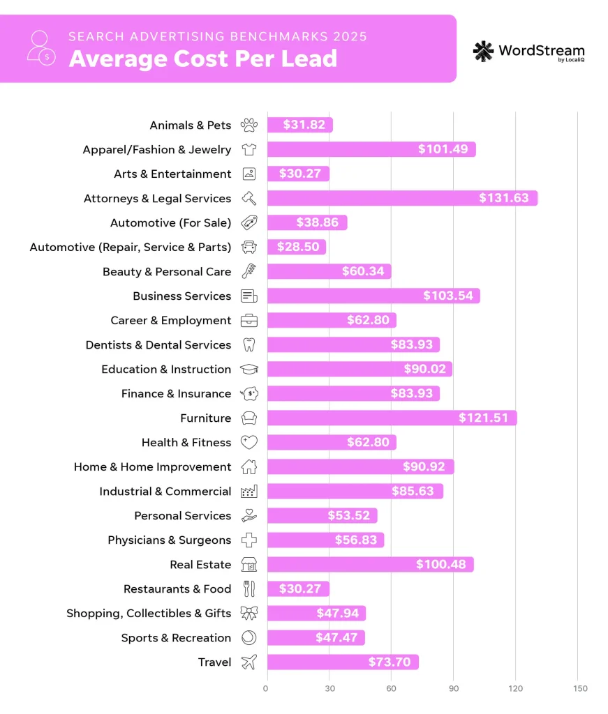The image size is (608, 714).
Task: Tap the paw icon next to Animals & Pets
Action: pyautogui.click(x=249, y=125)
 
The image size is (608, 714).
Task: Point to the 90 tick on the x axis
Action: pyautogui.click(x=454, y=688)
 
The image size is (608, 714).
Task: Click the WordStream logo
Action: pyautogui.click(x=528, y=52)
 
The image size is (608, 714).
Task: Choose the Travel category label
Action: pyautogui.click(x=214, y=662)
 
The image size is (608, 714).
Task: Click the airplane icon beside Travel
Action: pyautogui.click(x=249, y=662)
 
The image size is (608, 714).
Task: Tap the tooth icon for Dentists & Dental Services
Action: pyautogui.click(x=249, y=344)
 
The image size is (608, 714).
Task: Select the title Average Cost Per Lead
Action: pyautogui.click(x=202, y=59)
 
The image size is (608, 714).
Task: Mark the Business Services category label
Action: pyautogui.click(x=181, y=296)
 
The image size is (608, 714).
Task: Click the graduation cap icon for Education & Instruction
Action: pyautogui.click(x=249, y=369)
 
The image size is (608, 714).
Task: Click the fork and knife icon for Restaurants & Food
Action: pyautogui.click(x=249, y=588)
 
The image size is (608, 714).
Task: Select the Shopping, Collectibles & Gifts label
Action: pyautogui.click(x=148, y=613)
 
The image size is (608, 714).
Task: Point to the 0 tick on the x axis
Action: pyautogui.click(x=266, y=688)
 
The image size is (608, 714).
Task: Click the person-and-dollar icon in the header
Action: pyautogui.click(x=40, y=47)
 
